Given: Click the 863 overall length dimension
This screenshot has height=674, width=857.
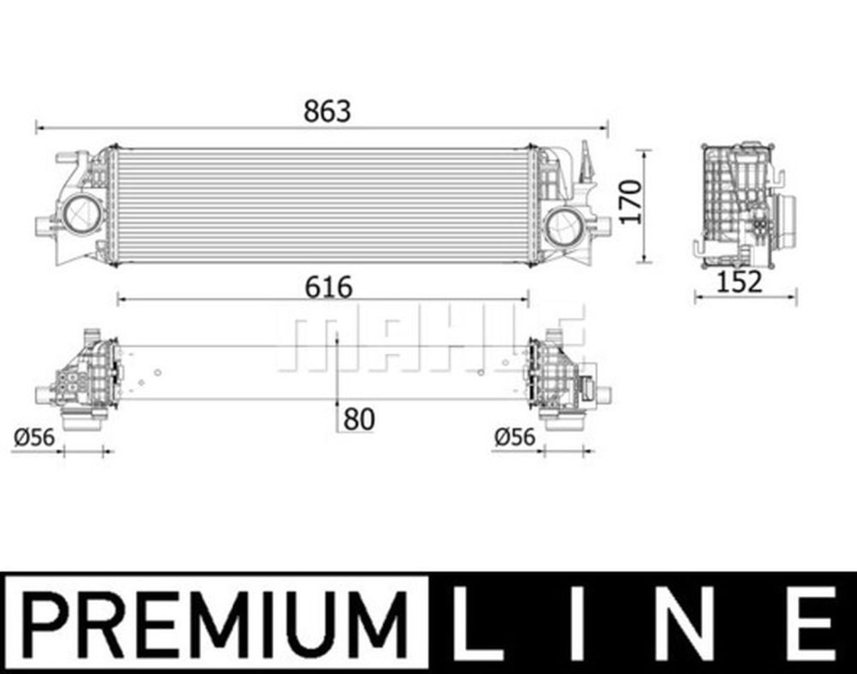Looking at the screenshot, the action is tap(327, 111).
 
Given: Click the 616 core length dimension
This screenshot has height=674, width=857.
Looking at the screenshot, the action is tap(329, 287).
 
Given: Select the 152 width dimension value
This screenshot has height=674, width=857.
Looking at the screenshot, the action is tap(739, 282).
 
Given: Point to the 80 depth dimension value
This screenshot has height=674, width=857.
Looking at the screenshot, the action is tap(359, 419).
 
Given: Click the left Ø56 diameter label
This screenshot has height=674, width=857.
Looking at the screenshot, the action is tap(34, 438).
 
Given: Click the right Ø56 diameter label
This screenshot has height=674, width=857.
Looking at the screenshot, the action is tap(515, 437).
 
